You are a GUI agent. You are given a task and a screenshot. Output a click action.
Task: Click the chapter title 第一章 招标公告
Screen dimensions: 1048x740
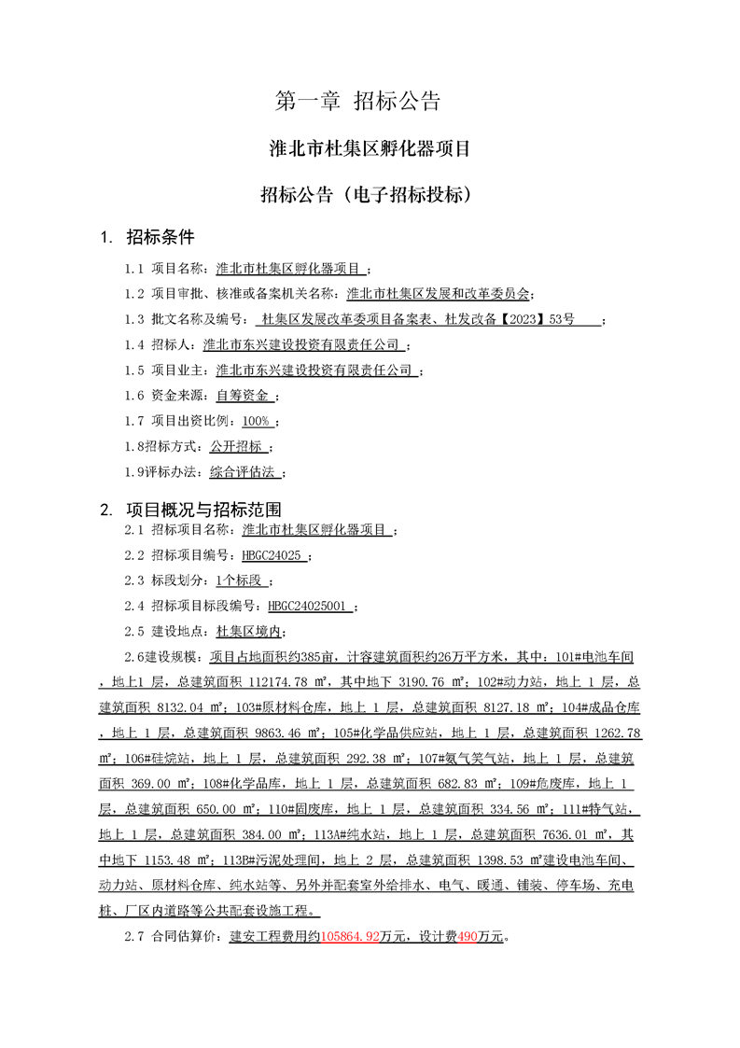(357, 102)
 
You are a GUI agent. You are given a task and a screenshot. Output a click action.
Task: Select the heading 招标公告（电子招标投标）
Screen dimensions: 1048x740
(370, 195)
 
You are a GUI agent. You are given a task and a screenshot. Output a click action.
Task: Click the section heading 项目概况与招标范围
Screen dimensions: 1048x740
(203, 510)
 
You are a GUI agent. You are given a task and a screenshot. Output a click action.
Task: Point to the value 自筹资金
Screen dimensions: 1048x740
(242, 396)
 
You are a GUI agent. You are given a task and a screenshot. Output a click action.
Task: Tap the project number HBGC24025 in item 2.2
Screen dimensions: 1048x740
(271, 555)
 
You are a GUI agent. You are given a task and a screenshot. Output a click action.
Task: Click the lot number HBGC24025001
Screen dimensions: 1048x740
(309, 606)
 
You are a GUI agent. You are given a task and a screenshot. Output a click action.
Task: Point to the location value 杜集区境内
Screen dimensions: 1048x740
(246, 631)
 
